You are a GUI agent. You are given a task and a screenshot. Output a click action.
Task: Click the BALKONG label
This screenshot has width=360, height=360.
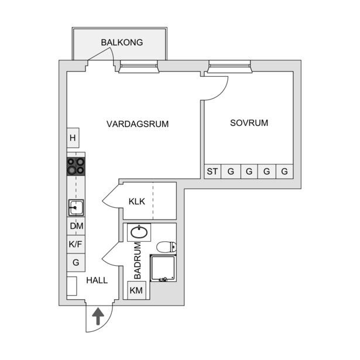coord(122,43)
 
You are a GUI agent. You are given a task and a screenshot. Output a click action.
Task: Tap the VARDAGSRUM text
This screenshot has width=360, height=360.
coord(138,124)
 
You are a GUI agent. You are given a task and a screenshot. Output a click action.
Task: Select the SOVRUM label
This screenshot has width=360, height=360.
coord(249,123)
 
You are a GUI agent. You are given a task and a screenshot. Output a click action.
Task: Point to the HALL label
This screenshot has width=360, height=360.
coord(97,280)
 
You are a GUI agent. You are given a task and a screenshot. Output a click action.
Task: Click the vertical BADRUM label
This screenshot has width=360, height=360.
coord(138,260)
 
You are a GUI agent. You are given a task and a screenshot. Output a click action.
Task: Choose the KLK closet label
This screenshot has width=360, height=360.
coord(137,201)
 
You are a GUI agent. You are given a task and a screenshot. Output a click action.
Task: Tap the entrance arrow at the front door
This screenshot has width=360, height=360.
coord(98,316)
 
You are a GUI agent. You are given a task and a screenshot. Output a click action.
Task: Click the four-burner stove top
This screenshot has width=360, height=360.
coord(76,166)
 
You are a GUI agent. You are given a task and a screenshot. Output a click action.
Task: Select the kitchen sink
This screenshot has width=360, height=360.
coord(76,208)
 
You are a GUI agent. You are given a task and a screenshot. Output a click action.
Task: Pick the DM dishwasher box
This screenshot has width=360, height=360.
coord(76,226)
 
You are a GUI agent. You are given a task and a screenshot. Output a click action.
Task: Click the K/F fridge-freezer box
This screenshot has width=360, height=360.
coord(76,244)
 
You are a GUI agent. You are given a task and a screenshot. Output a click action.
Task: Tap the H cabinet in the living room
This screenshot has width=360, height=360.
coord(73,138)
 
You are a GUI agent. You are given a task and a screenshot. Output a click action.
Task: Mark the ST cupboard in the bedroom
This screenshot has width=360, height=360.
coord(212,172)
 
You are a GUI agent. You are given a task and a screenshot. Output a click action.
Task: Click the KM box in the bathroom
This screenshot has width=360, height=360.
coord(136,290)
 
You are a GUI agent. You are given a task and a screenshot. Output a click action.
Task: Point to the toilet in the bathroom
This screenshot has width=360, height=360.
coord(166,247)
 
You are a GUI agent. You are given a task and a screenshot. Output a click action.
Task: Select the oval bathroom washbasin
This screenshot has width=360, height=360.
coord(139,232)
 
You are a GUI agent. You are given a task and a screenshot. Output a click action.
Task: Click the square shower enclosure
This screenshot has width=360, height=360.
coord(163,268)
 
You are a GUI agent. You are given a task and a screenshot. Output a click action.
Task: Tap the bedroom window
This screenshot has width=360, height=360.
coord(229,67)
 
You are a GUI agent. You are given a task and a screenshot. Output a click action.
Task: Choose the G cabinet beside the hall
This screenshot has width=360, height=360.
coord(76,263)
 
